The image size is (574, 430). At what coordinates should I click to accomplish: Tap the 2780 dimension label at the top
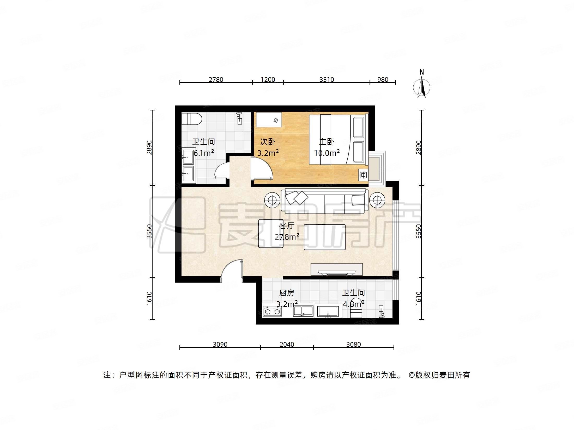click(216, 79)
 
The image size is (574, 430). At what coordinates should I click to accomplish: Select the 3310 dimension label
click(327, 79)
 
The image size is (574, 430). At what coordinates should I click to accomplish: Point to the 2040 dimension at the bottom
click(287, 344)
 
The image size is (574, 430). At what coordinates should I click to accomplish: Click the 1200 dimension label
click(268, 79)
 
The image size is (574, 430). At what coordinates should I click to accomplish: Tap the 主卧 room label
click(327, 142)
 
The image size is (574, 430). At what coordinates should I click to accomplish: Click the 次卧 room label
click(268, 142)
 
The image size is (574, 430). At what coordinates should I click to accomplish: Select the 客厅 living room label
click(287, 226)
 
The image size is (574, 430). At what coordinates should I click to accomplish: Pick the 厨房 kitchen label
click(287, 293)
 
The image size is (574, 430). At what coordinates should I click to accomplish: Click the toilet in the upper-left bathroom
click(192, 119)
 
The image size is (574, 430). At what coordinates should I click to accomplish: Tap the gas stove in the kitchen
click(272, 311)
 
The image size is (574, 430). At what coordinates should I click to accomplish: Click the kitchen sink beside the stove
click(303, 311)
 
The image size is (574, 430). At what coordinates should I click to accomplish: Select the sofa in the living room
click(325, 201)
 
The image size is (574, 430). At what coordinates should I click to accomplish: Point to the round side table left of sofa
click(272, 200)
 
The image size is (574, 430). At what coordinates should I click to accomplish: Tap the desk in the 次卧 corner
click(269, 120)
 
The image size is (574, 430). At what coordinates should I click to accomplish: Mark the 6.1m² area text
click(204, 153)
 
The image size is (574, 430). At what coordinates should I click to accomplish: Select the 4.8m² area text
click(353, 304)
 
